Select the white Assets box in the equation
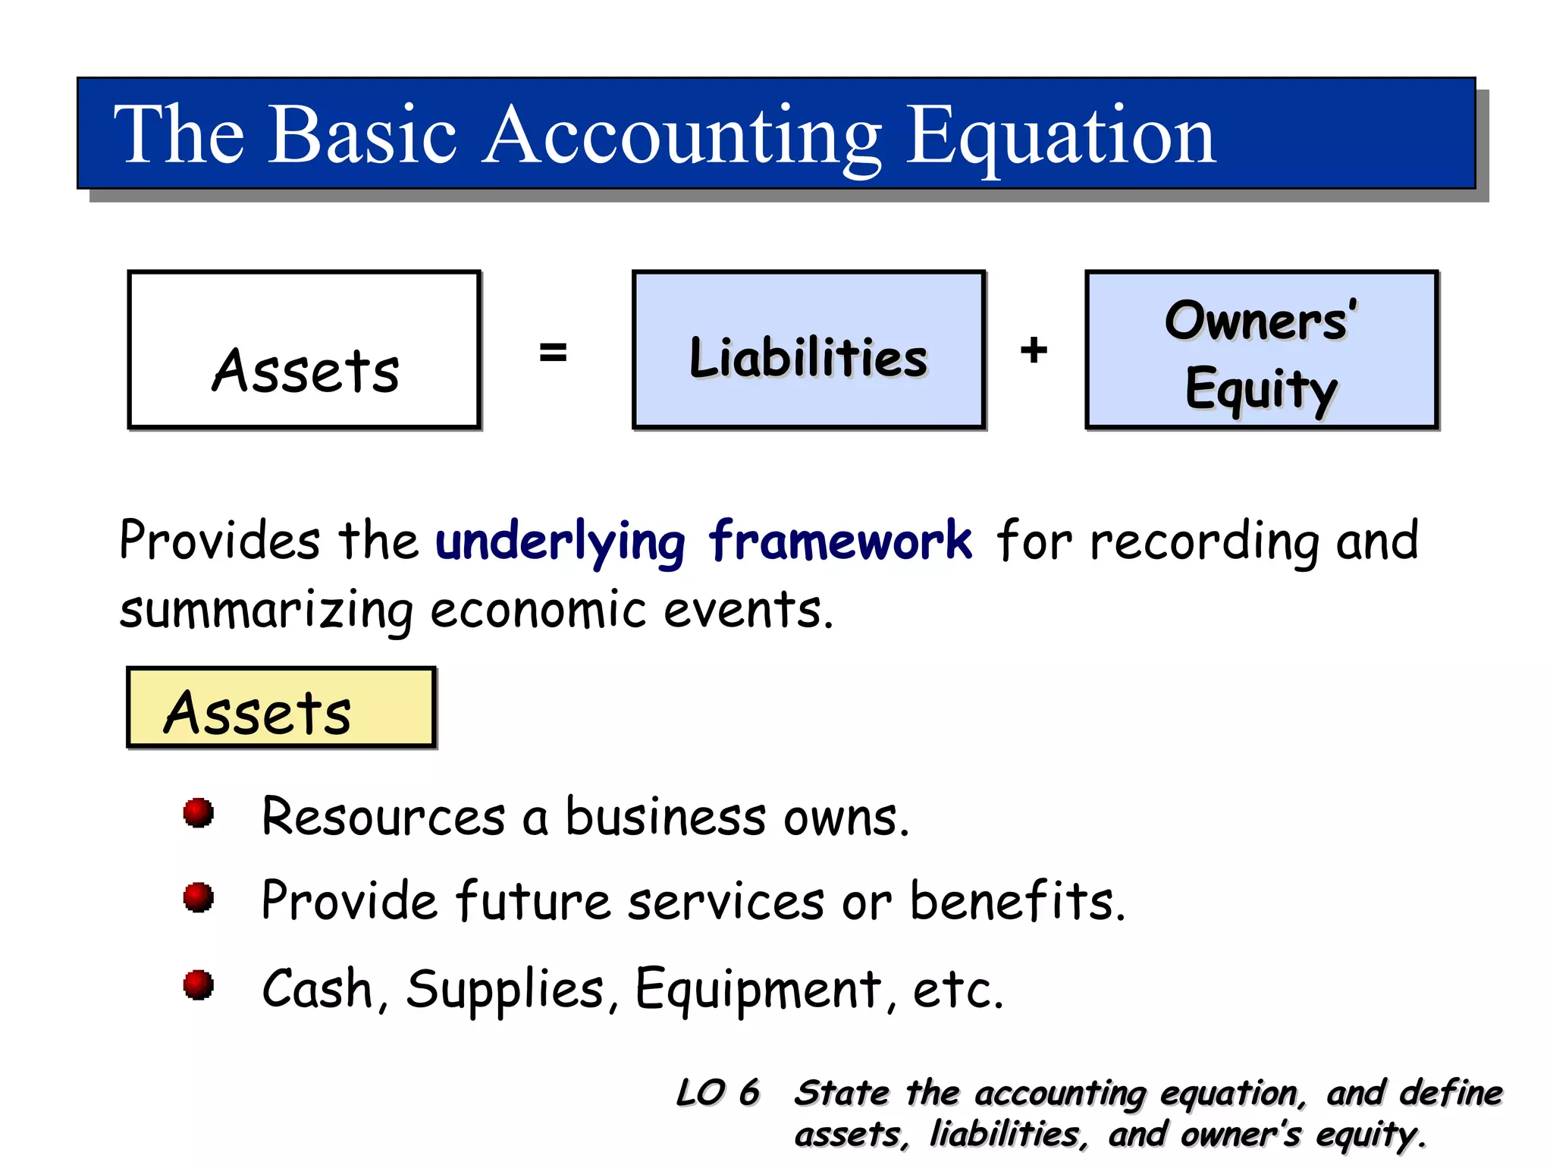click(x=304, y=350)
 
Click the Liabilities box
click(x=808, y=350)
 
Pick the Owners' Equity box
click(x=1261, y=350)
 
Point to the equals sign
click(x=553, y=352)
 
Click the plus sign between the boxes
click(x=1034, y=350)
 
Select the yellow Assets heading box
click(x=281, y=708)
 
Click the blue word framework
click(x=839, y=542)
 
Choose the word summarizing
click(x=265, y=611)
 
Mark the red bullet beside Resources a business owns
click(x=199, y=813)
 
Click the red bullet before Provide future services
click(x=199, y=897)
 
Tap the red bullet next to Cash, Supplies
click(x=199, y=985)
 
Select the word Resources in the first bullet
click(x=383, y=818)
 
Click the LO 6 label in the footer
click(x=717, y=1093)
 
